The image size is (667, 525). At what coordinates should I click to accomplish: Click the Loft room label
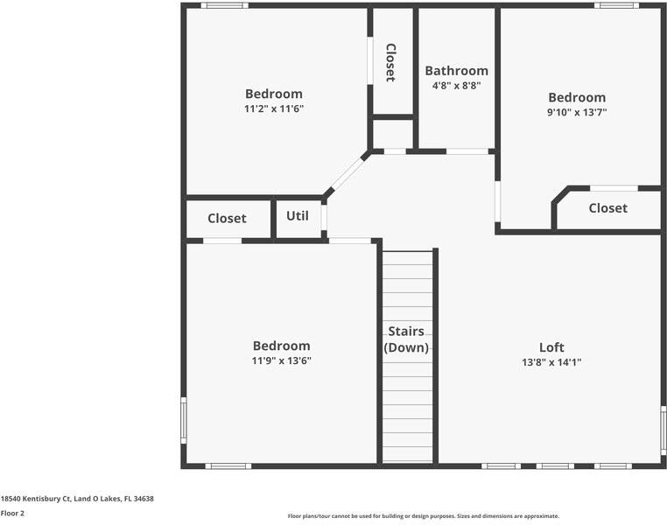[551, 347]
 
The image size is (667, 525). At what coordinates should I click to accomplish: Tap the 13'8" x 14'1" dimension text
[551, 361]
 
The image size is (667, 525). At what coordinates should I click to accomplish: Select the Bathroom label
[456, 71]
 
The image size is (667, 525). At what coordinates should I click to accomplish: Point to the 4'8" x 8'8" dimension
[456, 86]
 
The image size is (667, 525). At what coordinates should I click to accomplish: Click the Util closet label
[298, 215]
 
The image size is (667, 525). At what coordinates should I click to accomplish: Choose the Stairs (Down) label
[406, 339]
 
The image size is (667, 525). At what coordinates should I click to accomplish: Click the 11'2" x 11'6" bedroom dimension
[274, 108]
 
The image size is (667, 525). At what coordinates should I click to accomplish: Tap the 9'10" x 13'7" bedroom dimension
[577, 112]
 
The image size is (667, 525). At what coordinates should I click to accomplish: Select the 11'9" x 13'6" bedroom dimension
[281, 360]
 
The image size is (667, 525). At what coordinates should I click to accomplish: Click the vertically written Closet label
[390, 62]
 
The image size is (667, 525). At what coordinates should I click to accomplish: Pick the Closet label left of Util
[227, 219]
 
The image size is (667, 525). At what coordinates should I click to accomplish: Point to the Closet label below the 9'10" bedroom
[607, 208]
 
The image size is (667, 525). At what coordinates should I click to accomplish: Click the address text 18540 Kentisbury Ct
[77, 499]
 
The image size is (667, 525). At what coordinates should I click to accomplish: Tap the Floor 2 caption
[12, 514]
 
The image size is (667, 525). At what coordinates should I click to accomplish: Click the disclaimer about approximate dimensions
[423, 516]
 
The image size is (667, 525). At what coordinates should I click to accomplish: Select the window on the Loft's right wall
[663, 430]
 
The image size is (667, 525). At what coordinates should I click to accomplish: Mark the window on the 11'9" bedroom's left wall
[184, 419]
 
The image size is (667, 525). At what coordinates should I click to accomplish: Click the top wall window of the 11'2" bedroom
[224, 5]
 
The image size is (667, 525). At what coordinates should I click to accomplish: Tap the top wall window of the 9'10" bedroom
[616, 5]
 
